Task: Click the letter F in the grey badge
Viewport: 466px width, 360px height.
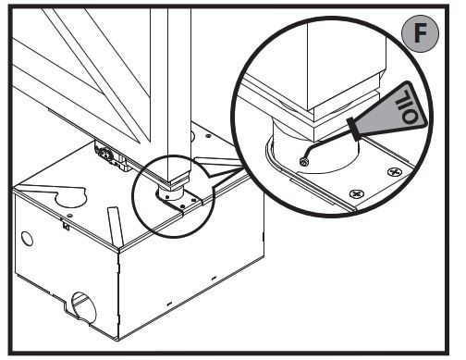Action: tap(420, 32)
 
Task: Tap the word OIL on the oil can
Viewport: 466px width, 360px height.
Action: tap(406, 106)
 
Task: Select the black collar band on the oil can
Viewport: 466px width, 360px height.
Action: tap(354, 130)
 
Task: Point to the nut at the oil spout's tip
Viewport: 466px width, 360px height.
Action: tap(304, 161)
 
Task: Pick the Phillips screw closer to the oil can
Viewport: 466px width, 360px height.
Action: tap(395, 171)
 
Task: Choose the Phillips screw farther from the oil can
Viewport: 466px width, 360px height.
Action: tap(356, 194)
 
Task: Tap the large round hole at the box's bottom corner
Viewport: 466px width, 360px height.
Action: tap(82, 306)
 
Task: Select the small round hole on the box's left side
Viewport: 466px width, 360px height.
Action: tap(27, 238)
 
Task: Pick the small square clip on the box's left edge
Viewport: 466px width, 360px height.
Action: tap(66, 226)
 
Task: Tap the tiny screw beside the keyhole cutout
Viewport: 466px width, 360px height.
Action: tap(69, 215)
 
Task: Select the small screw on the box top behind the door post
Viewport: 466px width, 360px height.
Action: tap(208, 135)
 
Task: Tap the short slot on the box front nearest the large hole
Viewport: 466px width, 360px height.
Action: tap(169, 304)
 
